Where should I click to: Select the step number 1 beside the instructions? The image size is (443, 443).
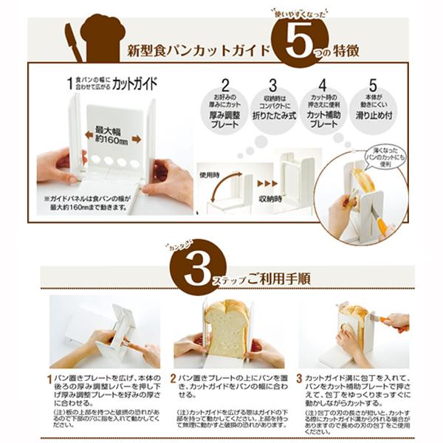click(51, 379)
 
